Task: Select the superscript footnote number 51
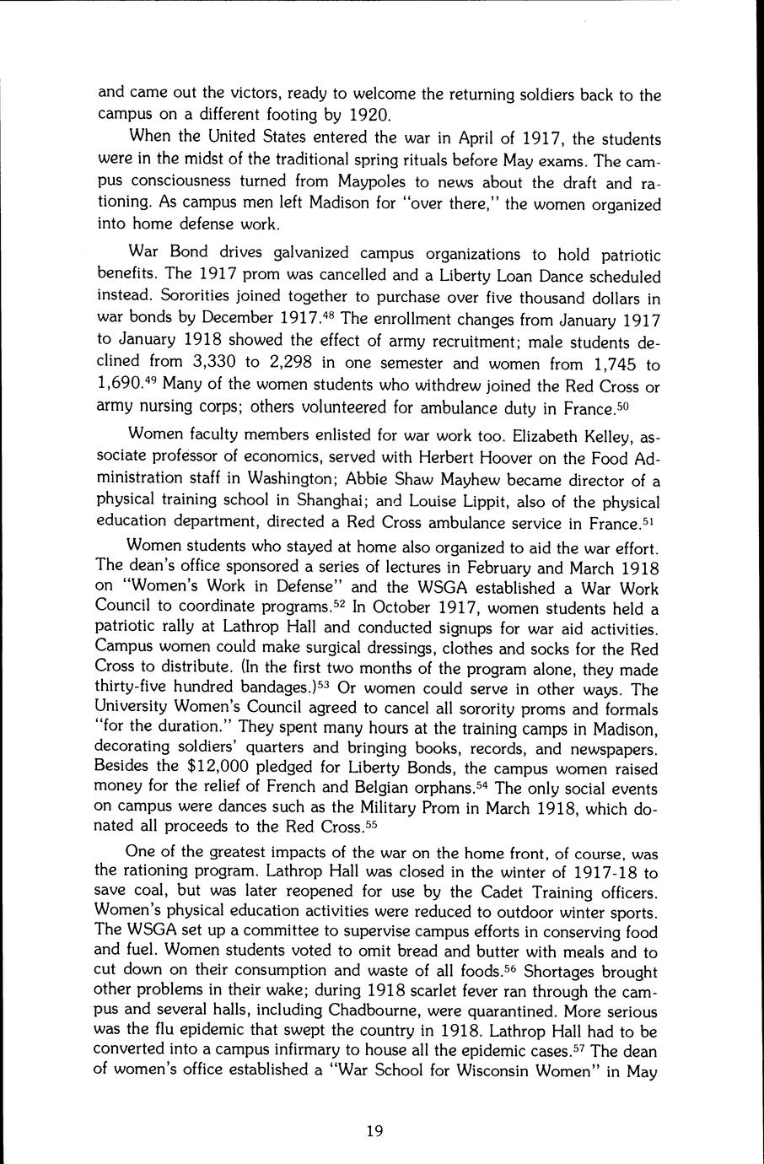648,519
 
